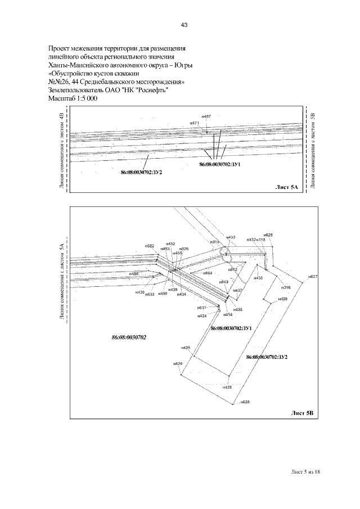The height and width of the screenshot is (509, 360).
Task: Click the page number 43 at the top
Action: click(x=184, y=25)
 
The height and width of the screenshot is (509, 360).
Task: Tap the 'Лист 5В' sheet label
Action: click(x=304, y=412)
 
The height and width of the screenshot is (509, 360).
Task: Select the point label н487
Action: click(x=206, y=116)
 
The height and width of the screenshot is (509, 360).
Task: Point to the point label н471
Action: click(x=195, y=123)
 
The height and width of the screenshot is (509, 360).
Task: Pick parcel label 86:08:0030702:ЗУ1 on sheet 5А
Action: click(x=220, y=165)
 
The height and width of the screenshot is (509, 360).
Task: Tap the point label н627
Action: click(x=313, y=277)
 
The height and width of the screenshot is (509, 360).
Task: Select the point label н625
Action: click(x=268, y=235)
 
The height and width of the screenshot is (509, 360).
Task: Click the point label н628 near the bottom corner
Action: click(x=245, y=402)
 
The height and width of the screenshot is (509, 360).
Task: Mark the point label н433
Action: click(x=231, y=237)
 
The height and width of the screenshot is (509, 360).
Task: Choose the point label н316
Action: click(x=286, y=287)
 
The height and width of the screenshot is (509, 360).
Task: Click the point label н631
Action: click(x=201, y=308)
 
